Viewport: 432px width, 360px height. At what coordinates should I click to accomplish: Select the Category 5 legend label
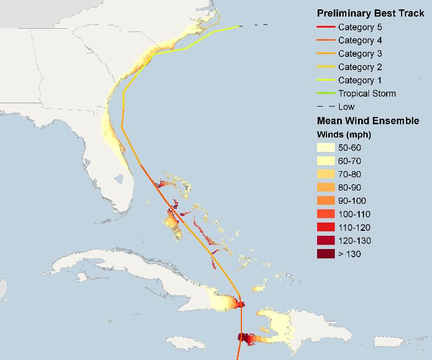click(x=360, y=27)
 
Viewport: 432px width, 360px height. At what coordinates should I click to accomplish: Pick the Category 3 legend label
click(x=360, y=54)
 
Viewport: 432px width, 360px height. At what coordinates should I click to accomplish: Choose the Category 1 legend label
click(x=360, y=80)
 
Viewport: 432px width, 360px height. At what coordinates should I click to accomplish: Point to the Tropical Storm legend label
click(x=367, y=93)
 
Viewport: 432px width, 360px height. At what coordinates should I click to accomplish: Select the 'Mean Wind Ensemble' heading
click(x=368, y=120)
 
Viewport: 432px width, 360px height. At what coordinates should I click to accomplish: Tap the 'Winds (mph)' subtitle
click(x=344, y=134)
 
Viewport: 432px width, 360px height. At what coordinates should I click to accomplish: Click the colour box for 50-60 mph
click(x=325, y=147)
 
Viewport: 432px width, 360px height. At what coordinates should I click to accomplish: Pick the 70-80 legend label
click(x=350, y=174)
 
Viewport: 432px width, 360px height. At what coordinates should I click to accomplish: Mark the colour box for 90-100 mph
click(x=325, y=200)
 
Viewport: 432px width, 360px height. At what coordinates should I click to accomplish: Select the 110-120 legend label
click(x=352, y=227)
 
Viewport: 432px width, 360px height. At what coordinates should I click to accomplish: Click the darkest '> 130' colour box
click(x=325, y=254)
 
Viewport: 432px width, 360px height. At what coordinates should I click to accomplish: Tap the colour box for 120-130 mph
click(x=325, y=240)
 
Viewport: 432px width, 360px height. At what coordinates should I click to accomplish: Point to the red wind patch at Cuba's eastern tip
click(x=239, y=303)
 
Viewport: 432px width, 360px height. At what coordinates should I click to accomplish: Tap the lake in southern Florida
click(x=118, y=179)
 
